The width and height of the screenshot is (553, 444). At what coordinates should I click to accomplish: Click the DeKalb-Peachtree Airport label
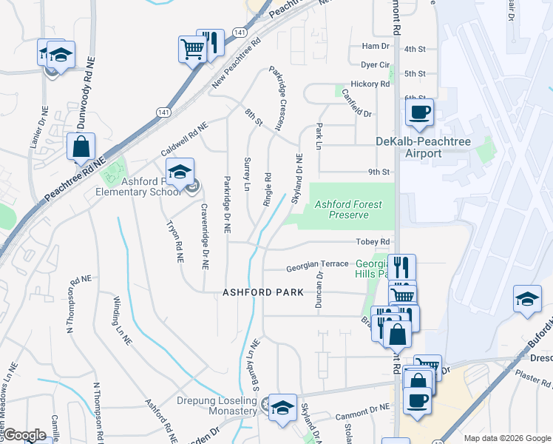click(409, 147)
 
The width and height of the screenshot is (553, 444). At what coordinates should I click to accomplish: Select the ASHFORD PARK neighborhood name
click(263, 292)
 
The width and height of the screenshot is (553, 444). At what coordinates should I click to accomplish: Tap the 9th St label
click(379, 172)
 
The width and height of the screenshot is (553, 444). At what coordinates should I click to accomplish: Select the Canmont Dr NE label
click(362, 408)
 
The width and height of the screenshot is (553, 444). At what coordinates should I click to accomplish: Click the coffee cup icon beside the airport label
click(419, 112)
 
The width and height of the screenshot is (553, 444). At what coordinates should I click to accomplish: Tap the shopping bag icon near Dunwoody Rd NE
click(81, 147)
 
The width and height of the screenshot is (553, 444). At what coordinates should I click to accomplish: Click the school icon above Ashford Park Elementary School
click(179, 172)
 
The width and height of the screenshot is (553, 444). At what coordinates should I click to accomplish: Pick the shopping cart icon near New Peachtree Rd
click(192, 50)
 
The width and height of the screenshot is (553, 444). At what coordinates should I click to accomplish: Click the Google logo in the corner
click(24, 435)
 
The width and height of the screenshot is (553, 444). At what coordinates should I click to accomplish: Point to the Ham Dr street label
click(370, 46)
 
